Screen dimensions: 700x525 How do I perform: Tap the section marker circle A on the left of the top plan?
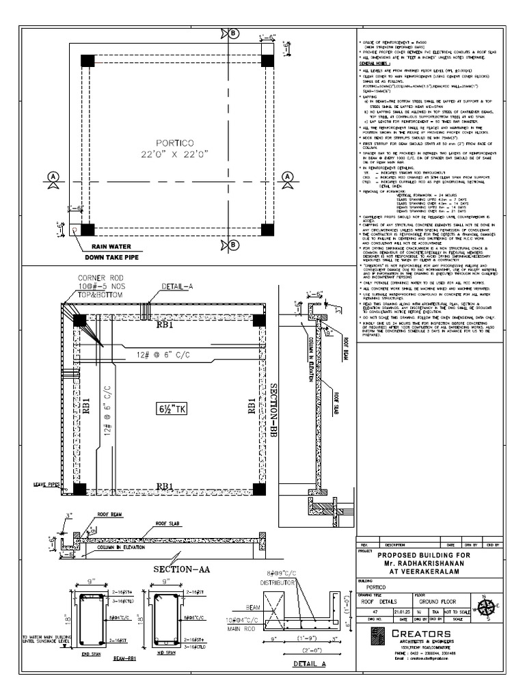point(52,177)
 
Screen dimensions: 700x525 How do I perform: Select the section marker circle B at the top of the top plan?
point(234,33)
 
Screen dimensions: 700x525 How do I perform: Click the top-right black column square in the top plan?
point(268,60)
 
